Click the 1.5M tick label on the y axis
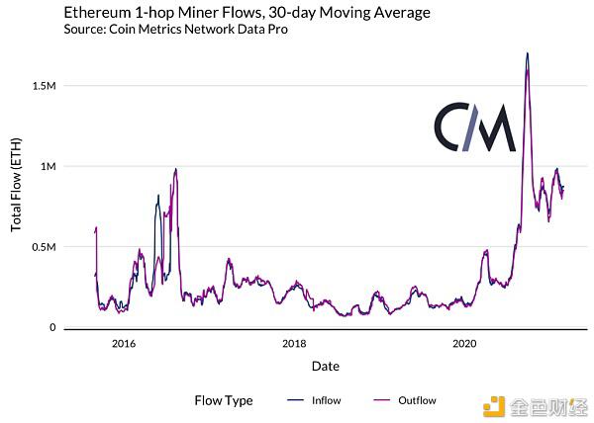(44, 86)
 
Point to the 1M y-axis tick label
(49, 166)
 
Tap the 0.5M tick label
(44, 247)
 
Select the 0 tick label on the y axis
(52, 327)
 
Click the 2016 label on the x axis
(124, 343)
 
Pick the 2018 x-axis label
(294, 343)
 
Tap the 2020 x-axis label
(464, 343)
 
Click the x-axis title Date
(326, 366)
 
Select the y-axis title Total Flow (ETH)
(16, 185)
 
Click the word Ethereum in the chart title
(97, 13)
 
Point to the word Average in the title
(402, 13)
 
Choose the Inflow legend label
(326, 400)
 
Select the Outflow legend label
(417, 400)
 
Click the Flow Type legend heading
(224, 400)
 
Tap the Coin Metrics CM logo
(475, 127)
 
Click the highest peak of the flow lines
(527, 53)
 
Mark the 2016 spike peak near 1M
(175, 169)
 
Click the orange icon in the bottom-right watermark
(494, 407)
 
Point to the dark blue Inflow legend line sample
(295, 400)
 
